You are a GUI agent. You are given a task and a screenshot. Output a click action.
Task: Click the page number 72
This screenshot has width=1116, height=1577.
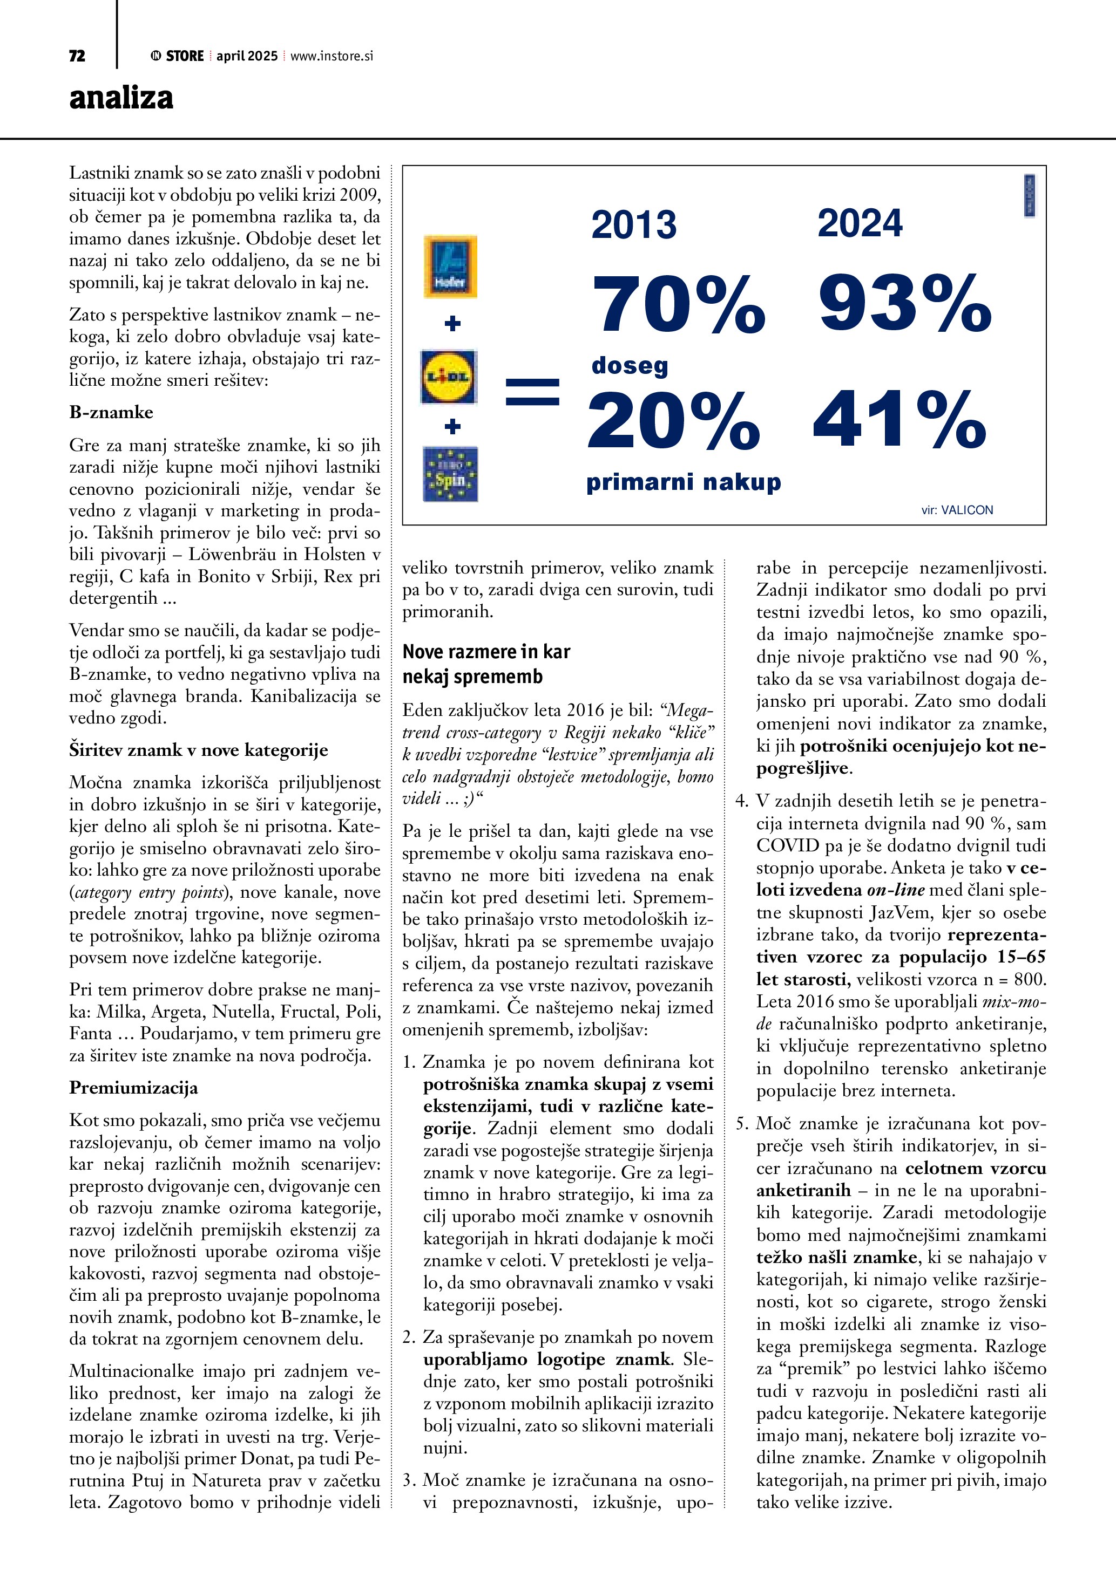[x=77, y=56]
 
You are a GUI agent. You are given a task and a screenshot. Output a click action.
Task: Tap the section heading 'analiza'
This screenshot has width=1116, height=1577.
[x=121, y=98]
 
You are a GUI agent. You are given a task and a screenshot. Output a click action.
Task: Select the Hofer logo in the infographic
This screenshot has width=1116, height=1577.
[x=450, y=267]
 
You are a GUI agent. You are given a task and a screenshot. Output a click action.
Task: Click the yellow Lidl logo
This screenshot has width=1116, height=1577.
[x=449, y=377]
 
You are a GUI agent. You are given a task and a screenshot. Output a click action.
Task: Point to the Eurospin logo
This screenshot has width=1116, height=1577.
[x=450, y=474]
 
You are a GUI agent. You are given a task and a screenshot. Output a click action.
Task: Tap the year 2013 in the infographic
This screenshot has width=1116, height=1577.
[x=634, y=224]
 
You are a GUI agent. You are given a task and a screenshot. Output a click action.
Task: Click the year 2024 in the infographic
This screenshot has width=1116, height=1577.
[x=860, y=223]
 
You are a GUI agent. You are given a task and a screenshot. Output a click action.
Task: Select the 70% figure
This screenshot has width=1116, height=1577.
[x=678, y=304]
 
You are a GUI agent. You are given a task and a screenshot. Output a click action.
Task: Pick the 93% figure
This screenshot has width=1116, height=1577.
[x=905, y=302]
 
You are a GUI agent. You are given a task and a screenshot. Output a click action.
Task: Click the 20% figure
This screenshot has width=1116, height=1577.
[x=673, y=420]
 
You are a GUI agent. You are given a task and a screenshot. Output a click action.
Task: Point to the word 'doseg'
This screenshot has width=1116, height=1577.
[x=630, y=365]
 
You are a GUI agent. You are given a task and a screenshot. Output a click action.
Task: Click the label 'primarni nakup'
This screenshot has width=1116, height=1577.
[x=683, y=482]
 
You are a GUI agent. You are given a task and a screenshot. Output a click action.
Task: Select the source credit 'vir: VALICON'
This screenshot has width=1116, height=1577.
[x=957, y=510]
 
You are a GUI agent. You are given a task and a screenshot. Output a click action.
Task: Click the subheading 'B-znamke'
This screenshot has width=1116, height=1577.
[x=111, y=412]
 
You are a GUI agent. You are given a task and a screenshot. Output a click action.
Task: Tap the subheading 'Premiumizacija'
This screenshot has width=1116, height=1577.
[x=133, y=1087]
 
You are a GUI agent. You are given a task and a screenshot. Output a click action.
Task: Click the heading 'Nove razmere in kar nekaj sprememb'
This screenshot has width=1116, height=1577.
[x=486, y=664]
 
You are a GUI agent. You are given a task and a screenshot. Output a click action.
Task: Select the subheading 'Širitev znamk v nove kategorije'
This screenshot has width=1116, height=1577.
[x=199, y=750]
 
